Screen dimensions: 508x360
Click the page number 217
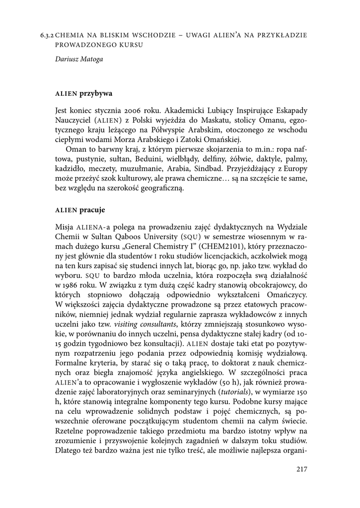click(301, 469)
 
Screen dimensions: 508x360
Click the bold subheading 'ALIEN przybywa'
click(83, 93)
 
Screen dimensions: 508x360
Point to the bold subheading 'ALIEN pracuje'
click(80, 209)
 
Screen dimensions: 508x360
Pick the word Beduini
click(139, 160)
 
